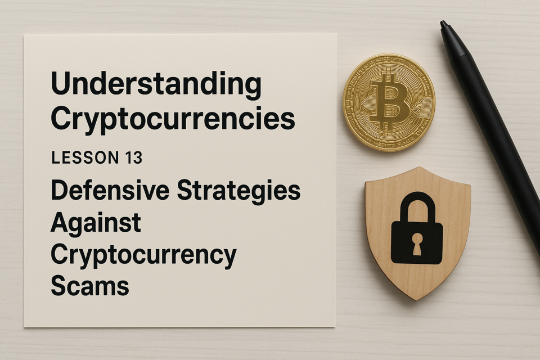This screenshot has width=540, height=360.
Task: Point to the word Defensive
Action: click(110, 190)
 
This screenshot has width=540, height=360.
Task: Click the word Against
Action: click(96, 223)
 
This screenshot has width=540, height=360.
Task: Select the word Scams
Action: click(90, 286)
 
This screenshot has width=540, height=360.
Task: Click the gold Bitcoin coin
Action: click(389, 102)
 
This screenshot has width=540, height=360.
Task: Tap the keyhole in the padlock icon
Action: click(417, 244)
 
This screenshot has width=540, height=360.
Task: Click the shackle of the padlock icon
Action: click(417, 206)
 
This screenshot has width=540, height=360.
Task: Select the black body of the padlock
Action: click(417, 242)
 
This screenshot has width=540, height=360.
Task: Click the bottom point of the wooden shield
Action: click(415, 299)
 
